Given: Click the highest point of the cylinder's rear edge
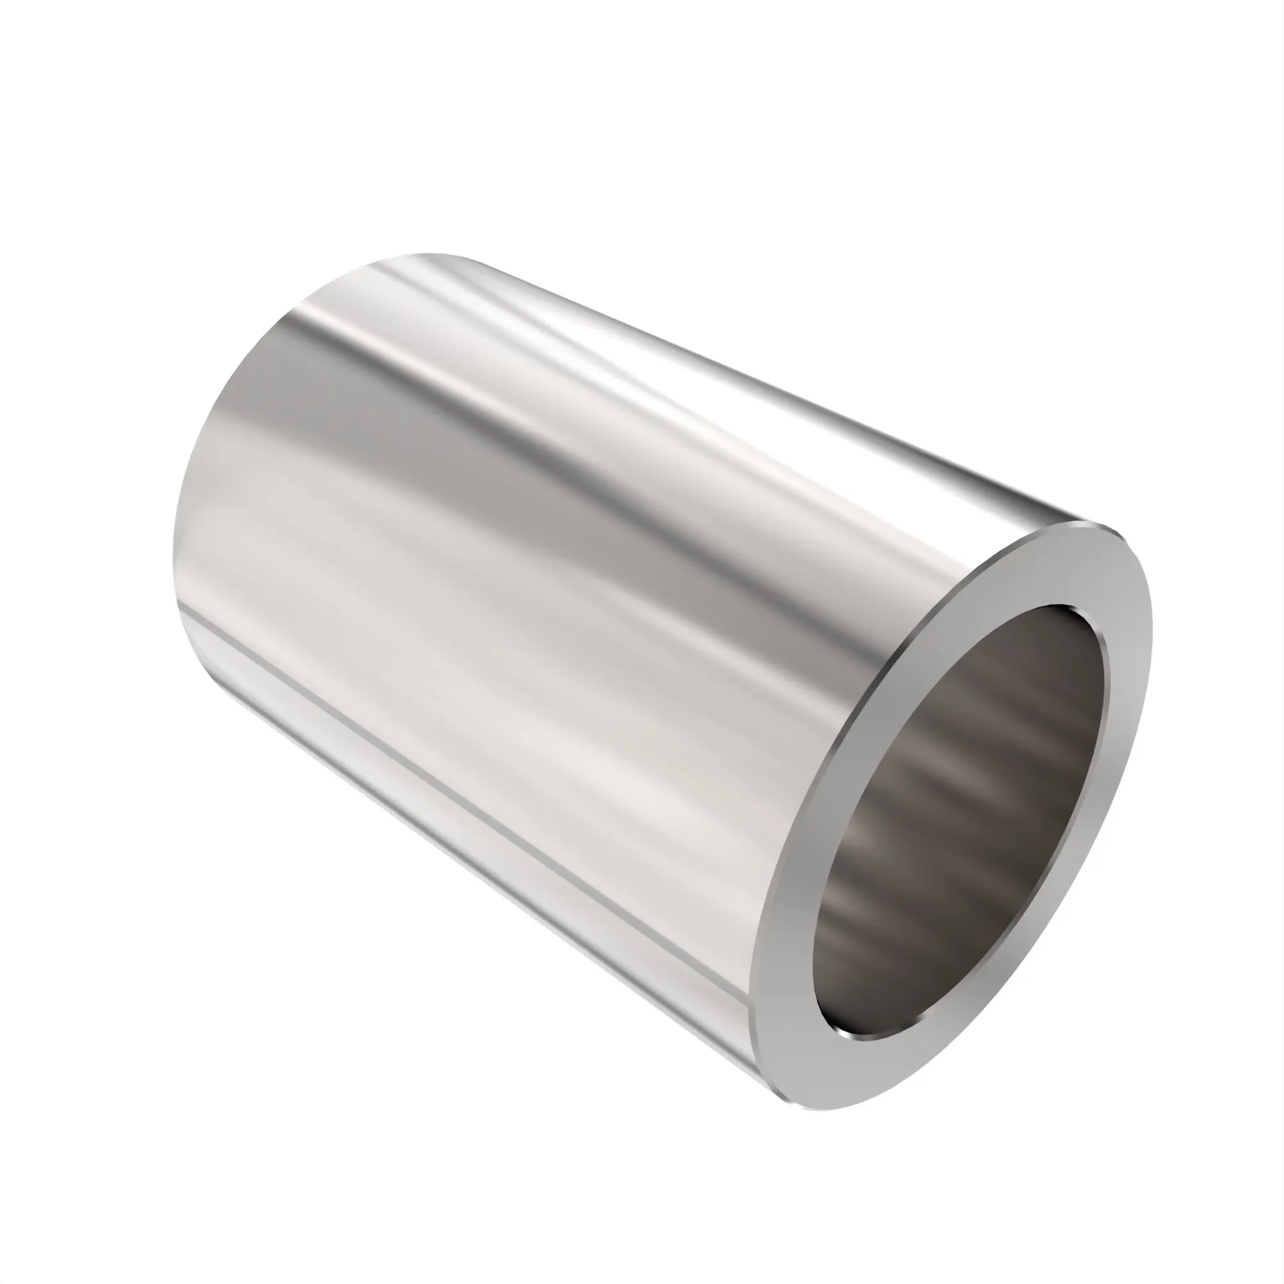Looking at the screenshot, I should point(426,254).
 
